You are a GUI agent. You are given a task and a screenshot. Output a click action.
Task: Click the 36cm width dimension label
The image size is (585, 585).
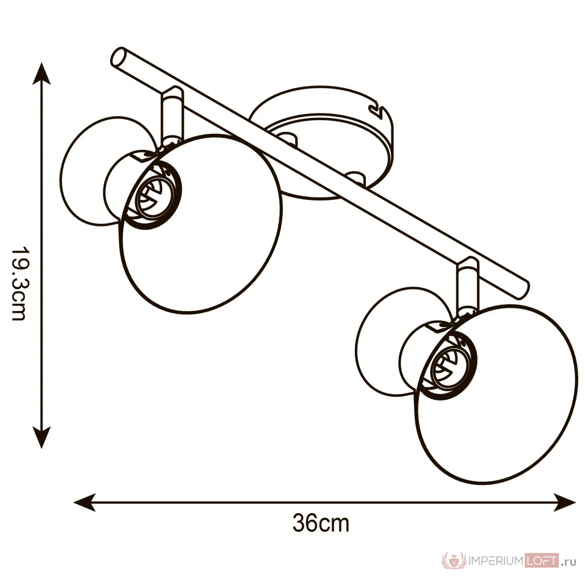321,523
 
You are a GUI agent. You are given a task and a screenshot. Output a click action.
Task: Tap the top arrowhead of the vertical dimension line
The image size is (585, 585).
41,73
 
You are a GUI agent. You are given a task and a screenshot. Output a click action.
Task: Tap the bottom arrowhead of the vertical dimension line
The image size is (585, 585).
41,437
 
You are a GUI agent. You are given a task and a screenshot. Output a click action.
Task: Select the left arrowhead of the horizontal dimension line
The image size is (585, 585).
85,503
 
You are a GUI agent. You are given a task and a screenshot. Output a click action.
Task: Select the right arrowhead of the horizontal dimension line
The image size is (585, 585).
564,503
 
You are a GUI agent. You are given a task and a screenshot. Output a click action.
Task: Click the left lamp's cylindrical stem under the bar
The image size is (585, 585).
172,115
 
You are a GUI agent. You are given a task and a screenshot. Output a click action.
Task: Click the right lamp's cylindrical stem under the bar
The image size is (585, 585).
467,286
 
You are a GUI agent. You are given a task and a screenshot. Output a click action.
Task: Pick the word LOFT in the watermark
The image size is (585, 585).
542,561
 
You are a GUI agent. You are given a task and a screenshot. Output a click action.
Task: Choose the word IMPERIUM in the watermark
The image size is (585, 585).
496,561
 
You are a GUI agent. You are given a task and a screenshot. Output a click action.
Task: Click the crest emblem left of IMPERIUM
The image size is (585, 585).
454,561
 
